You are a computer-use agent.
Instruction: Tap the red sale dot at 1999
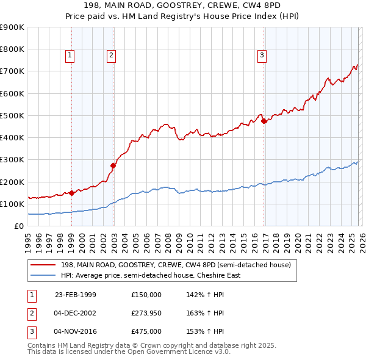(71, 193)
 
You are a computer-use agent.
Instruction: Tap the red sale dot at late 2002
(113, 165)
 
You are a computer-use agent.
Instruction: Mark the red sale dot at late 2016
(264, 121)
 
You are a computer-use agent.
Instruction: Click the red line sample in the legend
(43, 265)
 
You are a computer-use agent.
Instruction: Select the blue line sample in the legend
(43, 275)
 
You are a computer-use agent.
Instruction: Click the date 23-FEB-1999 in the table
(75, 294)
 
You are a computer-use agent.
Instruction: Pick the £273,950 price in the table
(146, 313)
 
